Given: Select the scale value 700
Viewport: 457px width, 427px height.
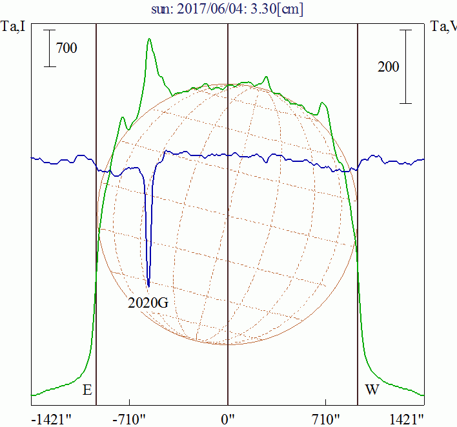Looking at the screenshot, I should pyautogui.click(x=66, y=48).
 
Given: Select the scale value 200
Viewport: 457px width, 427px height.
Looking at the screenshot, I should pyautogui.click(x=388, y=66).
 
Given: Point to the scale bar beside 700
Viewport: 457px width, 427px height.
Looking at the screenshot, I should pyautogui.click(x=50, y=48).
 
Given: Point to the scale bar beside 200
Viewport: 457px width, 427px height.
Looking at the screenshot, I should pyautogui.click(x=405, y=66).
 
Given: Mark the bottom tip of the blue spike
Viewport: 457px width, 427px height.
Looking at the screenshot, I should pyautogui.click(x=148, y=286).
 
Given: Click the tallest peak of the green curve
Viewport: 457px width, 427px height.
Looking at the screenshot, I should pyautogui.click(x=149, y=39).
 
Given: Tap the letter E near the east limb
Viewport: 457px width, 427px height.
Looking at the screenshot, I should pyautogui.click(x=87, y=390).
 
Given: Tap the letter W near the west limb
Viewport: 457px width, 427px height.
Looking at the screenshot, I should pyautogui.click(x=372, y=390).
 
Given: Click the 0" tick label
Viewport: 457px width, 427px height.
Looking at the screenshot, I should pyautogui.click(x=228, y=420).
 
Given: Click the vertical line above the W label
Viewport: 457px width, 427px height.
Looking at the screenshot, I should pyautogui.click(x=358, y=258).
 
